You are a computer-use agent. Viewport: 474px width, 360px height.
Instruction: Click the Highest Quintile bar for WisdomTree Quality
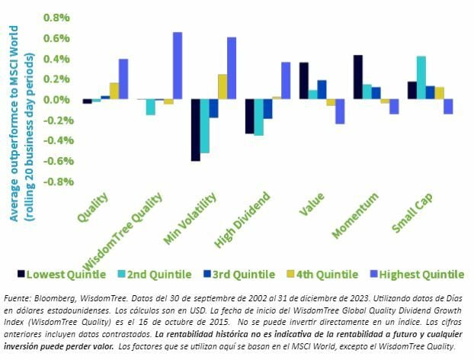click(178, 66)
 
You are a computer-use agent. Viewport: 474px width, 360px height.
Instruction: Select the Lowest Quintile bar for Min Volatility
click(195, 130)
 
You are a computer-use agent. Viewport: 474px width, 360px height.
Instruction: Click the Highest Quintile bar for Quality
click(123, 79)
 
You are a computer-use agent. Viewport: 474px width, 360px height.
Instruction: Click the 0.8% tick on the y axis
click(57, 18)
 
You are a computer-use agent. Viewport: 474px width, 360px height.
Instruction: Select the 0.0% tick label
click(57, 100)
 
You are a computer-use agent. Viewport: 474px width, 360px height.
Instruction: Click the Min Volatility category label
click(191, 219)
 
